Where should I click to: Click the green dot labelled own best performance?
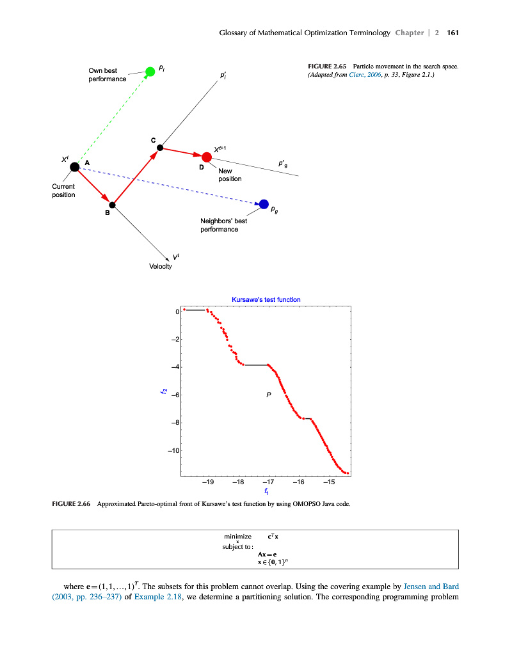150,71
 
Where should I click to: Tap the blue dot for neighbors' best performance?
264,204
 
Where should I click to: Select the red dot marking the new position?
207,157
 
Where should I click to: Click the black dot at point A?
75,166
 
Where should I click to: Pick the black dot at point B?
112,205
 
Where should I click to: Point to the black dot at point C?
160,148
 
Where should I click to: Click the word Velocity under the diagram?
161,266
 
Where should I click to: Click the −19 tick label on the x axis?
207,482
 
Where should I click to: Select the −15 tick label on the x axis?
329,482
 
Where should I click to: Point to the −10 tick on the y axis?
173,451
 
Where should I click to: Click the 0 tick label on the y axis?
177,312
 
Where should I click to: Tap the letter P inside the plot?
269,396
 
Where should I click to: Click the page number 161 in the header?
453,33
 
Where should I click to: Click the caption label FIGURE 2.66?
70,503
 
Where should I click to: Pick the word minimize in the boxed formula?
237,535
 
